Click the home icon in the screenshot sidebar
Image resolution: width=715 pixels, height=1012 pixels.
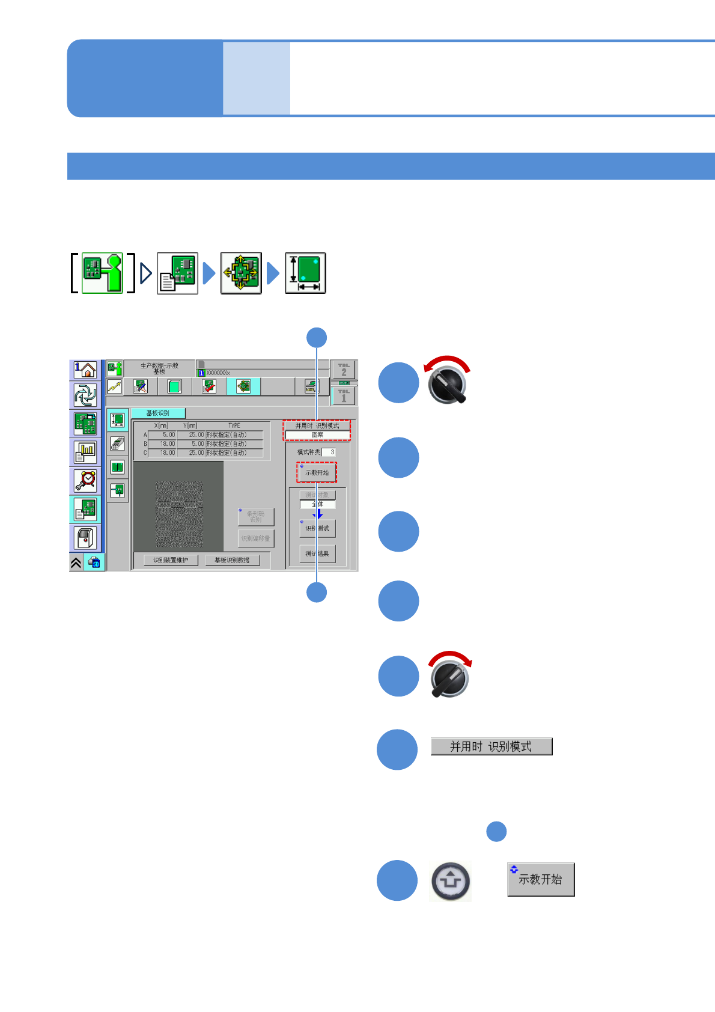pos(85,370)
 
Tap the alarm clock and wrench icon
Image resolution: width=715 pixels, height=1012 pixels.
pos(85,481)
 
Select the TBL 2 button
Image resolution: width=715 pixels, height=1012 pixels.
pos(344,370)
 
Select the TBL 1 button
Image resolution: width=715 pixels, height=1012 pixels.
pos(344,396)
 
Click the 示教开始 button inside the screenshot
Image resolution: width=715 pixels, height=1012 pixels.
pos(317,472)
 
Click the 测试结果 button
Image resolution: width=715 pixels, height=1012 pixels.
pos(317,553)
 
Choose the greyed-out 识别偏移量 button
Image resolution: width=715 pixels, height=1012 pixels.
pos(256,538)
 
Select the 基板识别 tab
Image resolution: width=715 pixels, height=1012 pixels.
pos(158,413)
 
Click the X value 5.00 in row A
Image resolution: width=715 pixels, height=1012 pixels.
pos(162,434)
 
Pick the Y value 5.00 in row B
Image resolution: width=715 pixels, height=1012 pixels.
pos(191,444)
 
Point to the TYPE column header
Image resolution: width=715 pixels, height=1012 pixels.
pos(234,425)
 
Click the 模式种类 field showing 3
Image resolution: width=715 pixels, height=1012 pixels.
pos(329,452)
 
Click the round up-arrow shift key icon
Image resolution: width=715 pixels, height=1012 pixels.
pos(450,881)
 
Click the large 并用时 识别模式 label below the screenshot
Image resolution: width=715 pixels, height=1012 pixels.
pos(491,746)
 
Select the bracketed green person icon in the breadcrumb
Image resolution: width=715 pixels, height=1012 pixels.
pos(102,273)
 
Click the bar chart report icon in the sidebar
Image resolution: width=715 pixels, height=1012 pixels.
pos(85,452)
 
